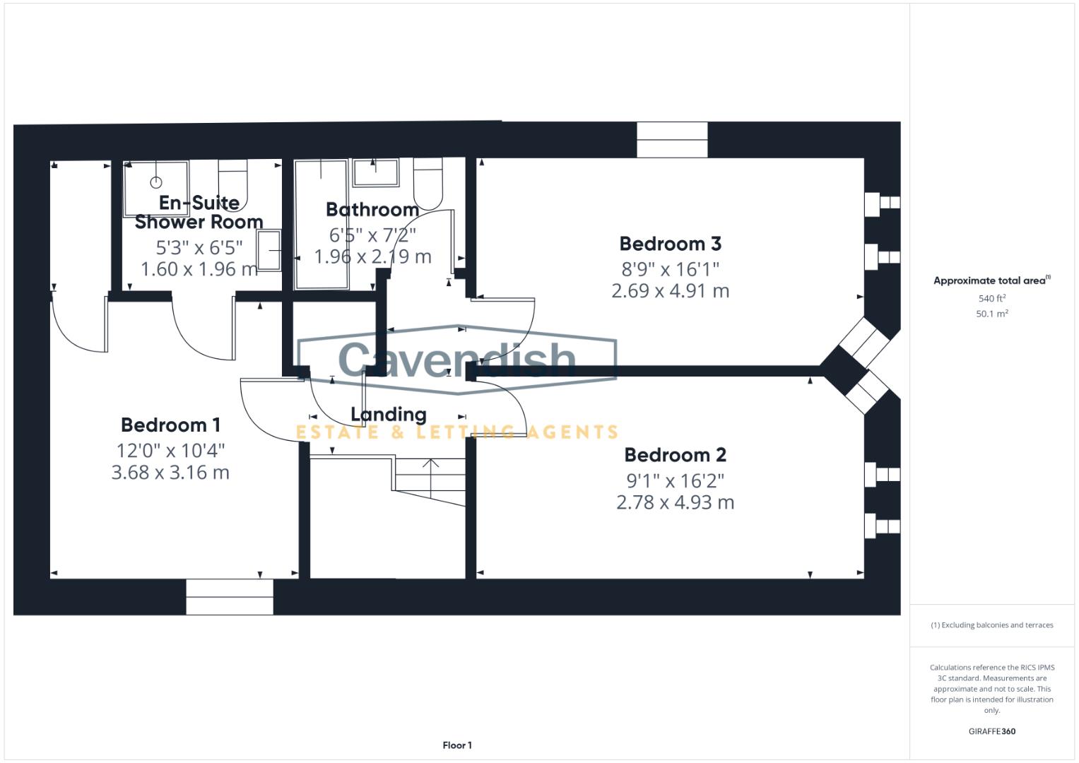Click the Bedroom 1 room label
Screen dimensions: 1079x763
(x=170, y=425)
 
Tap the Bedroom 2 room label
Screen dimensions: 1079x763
(x=675, y=455)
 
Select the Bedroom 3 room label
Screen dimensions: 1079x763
(x=670, y=244)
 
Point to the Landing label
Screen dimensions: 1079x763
(x=388, y=415)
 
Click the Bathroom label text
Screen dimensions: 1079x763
(x=372, y=210)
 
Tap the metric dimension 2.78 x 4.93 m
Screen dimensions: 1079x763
(x=675, y=502)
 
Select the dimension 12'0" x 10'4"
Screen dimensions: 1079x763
(x=170, y=451)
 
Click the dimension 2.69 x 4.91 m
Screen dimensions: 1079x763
(x=670, y=291)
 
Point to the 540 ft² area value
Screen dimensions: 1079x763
(x=992, y=298)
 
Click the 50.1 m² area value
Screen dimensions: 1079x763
(x=992, y=314)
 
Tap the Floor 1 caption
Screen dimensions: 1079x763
(x=457, y=745)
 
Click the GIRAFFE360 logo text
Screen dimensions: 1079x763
(x=992, y=731)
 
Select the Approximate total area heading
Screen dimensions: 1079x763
(x=992, y=280)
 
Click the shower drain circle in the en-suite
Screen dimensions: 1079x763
(x=156, y=182)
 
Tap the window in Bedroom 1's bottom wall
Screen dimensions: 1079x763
(x=230, y=597)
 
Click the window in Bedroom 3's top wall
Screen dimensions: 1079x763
(x=673, y=140)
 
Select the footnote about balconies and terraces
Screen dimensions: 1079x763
(x=992, y=625)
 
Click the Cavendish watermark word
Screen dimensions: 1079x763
(x=456, y=359)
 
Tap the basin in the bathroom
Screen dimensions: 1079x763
(x=376, y=172)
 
